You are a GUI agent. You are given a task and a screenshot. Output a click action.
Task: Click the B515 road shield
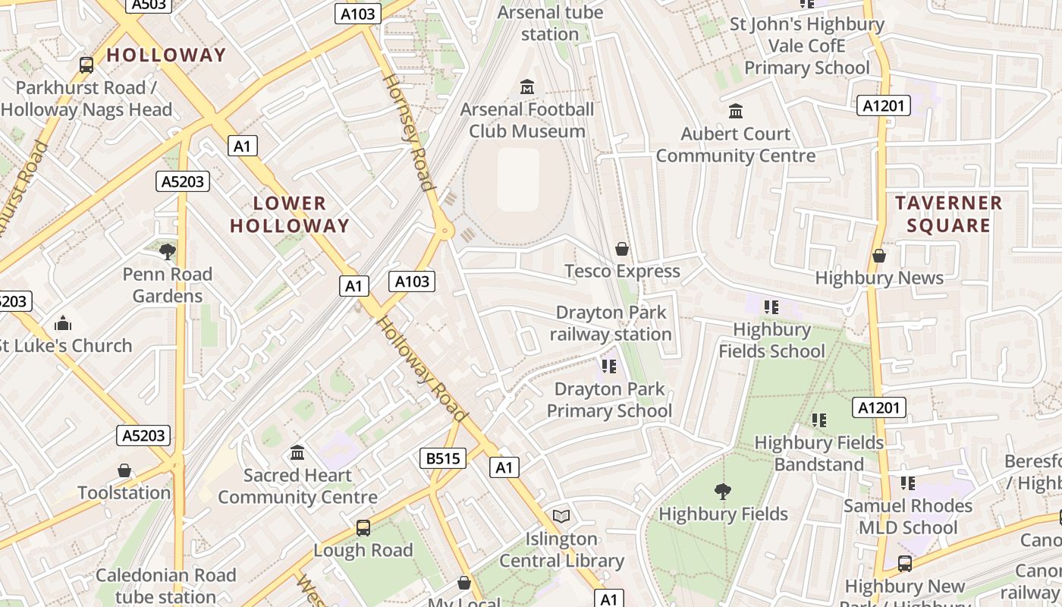443,458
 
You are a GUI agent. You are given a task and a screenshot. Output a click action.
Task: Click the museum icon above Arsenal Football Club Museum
527,87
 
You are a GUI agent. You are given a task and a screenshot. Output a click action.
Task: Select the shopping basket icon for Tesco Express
622,249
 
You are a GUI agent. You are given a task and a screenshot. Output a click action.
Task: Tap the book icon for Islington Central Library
561,517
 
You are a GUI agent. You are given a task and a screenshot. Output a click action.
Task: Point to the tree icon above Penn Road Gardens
168,251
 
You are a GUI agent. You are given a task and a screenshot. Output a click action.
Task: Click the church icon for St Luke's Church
63,324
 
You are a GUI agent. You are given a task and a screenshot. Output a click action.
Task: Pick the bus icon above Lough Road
363,527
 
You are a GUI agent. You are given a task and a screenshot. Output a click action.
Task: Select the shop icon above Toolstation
124,470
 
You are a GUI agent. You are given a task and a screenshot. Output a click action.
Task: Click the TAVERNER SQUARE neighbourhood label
948,214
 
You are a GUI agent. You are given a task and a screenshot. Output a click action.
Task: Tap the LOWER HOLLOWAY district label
290,214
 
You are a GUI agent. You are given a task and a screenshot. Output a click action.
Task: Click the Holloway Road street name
421,369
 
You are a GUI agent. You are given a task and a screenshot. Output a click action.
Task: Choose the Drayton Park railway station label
611,323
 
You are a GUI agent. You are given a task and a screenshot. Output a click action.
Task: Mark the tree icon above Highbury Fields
723,492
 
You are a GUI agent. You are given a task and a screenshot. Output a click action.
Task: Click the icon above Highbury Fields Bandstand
819,420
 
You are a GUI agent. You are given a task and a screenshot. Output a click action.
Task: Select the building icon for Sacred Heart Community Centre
297,453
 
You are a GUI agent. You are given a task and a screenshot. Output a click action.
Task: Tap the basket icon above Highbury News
879,256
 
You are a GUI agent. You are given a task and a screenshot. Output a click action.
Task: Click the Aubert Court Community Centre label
736,145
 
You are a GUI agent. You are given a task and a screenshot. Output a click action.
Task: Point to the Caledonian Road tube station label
165,586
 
